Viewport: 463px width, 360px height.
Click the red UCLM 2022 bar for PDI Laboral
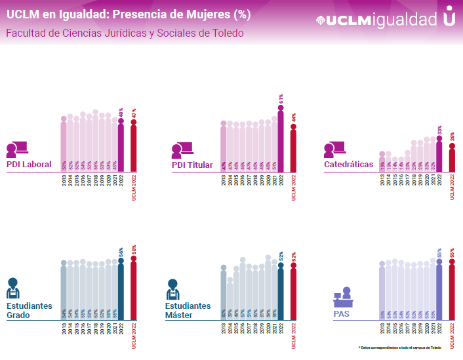134,148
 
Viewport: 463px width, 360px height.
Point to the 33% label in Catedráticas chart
439,129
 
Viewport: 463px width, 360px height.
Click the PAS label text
341,315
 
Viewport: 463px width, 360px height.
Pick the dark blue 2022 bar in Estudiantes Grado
121,289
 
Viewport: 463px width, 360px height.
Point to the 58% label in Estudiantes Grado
134,249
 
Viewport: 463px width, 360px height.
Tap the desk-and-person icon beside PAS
342,296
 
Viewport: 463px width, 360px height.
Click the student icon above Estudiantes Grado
13,289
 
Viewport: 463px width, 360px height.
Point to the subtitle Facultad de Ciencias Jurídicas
125,33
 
